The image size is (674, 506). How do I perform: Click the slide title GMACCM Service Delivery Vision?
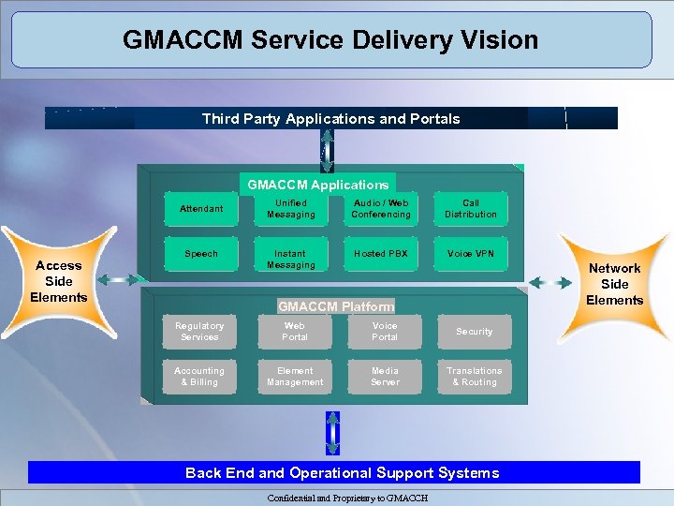[x=330, y=40]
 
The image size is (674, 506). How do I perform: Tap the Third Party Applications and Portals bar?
[x=331, y=118]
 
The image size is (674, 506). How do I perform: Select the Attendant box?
[x=201, y=209]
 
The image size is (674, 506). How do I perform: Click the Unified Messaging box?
[x=291, y=209]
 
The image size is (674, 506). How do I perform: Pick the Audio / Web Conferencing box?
[x=381, y=209]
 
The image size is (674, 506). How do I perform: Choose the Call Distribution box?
[x=471, y=209]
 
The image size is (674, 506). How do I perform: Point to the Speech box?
[x=201, y=255]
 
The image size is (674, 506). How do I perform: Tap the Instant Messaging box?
[x=291, y=260]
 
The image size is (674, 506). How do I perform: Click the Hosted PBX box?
[x=381, y=255]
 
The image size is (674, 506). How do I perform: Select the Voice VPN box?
[x=471, y=255]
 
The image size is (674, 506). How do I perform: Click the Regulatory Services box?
[x=199, y=332]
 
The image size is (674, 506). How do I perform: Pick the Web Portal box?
[x=295, y=332]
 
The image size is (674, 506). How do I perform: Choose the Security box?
[x=475, y=332]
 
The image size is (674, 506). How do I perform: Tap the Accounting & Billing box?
[x=199, y=377]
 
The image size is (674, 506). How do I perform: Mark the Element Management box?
[x=295, y=377]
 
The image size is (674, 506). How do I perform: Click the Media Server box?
[x=385, y=377]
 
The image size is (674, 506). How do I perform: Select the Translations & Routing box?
[x=475, y=377]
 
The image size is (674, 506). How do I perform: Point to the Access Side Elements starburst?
[x=59, y=281]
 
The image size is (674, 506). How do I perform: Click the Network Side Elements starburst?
[x=614, y=284]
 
